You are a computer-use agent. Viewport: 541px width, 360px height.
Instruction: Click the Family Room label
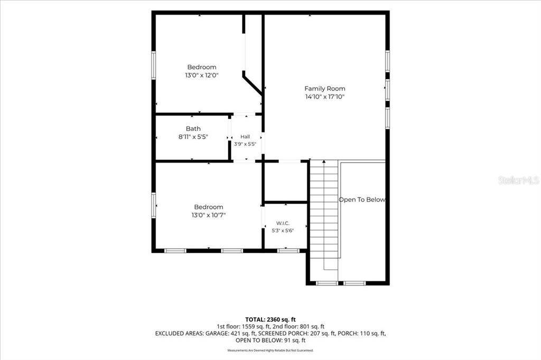click(x=325, y=89)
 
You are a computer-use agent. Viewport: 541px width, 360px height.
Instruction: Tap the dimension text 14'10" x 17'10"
click(x=325, y=97)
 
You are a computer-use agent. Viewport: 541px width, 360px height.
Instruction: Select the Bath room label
click(x=193, y=129)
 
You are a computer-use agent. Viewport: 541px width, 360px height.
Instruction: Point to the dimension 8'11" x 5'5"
click(x=193, y=137)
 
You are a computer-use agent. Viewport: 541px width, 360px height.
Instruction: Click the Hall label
click(x=245, y=137)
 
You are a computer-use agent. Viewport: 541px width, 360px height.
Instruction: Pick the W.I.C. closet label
click(x=283, y=223)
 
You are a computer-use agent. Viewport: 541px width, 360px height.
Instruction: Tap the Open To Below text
click(x=362, y=200)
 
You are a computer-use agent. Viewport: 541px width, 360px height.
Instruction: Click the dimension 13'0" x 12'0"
click(x=202, y=75)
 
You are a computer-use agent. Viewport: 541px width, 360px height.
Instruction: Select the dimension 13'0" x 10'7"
click(x=209, y=215)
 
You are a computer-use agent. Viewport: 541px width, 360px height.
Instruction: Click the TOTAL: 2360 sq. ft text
click(x=270, y=319)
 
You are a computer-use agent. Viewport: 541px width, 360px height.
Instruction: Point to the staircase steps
click(x=324, y=210)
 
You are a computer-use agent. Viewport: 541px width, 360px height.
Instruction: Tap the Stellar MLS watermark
click(x=519, y=180)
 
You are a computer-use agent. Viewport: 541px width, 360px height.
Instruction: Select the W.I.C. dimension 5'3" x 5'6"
click(x=283, y=230)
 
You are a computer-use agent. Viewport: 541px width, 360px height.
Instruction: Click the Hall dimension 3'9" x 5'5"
click(x=245, y=144)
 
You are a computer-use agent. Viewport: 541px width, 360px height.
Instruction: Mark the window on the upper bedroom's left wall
click(x=154, y=65)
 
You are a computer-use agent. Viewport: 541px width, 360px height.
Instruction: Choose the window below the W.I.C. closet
click(x=288, y=251)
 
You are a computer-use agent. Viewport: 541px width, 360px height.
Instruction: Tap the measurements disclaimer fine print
click(x=270, y=350)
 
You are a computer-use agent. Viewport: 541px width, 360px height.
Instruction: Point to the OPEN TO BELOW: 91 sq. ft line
click(x=270, y=340)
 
